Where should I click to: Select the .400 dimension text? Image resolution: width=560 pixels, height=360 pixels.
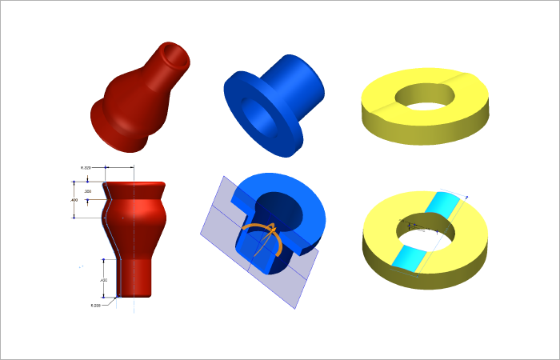(74, 199)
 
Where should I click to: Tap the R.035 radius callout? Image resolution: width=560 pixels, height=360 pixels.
(96, 305)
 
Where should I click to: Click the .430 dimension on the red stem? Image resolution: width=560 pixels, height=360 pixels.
(104, 280)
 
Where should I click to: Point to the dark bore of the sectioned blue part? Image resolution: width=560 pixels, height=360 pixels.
(284, 208)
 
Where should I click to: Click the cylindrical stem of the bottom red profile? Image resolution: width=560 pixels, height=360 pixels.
(134, 276)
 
